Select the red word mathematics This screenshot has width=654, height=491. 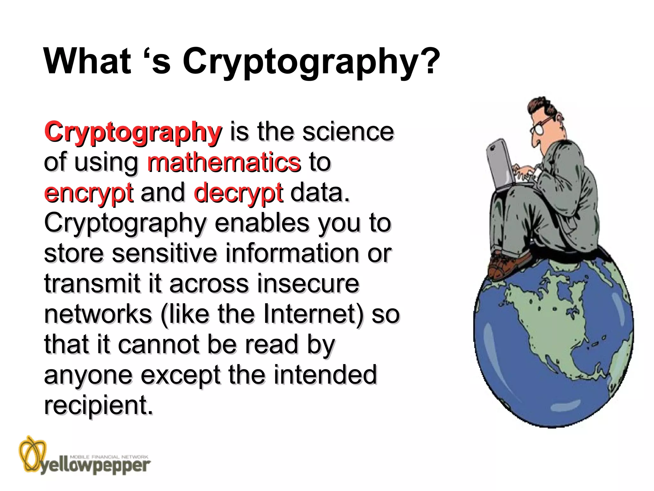tap(224, 162)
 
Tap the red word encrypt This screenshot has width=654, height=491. tap(88, 193)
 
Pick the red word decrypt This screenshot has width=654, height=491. tap(238, 193)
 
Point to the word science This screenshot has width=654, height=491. tap(348, 132)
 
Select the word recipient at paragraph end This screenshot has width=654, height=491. tap(98, 405)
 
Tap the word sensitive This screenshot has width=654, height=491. tap(164, 253)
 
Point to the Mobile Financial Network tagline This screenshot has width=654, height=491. tap(109, 457)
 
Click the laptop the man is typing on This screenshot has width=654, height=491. tap(501, 166)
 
